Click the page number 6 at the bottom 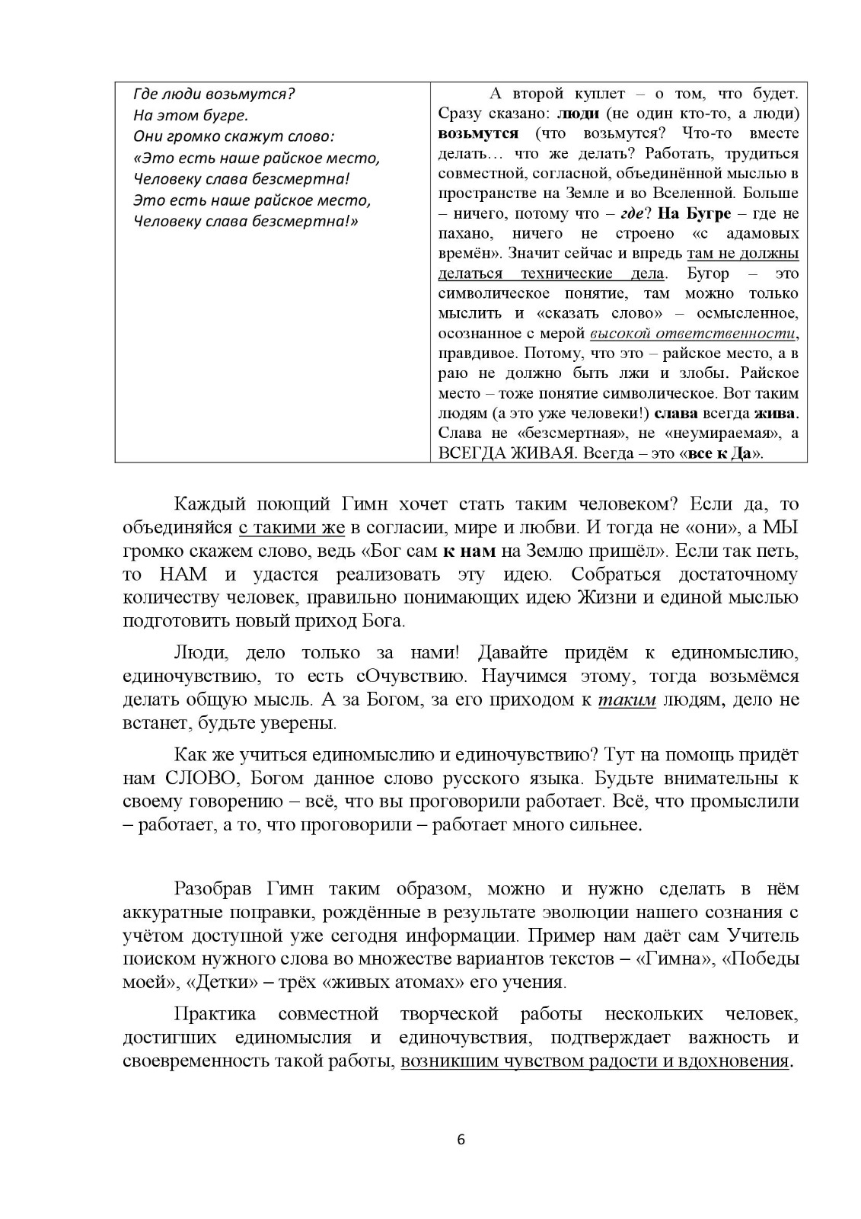pos(461,1141)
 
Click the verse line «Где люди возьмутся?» pos(214,94)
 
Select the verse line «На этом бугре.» pos(190,116)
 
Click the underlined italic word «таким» pos(627,700)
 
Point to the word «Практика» pos(215,1014)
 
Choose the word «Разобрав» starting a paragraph pos(216,888)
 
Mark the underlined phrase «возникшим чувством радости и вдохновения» pos(595,1061)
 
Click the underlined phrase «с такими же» pos(292,528)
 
